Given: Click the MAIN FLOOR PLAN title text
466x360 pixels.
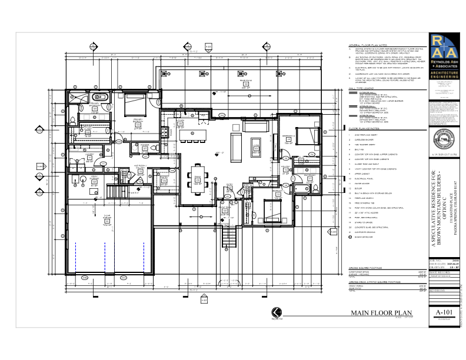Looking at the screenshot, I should (380, 313).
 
